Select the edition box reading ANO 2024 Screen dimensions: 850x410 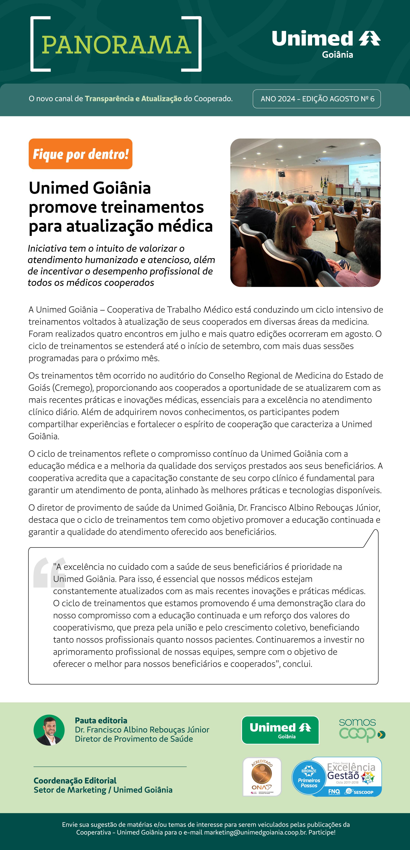317,99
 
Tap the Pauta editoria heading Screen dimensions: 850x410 101,720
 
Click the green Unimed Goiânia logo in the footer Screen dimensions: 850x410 280,730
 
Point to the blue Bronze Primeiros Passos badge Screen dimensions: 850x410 309,778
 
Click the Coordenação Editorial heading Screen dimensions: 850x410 75,780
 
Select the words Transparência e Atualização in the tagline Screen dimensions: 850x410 133,99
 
